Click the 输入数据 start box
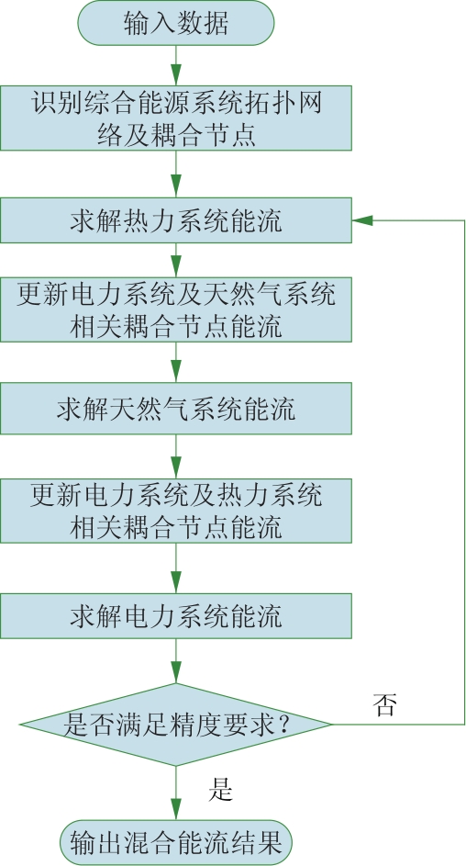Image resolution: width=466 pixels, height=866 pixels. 176,23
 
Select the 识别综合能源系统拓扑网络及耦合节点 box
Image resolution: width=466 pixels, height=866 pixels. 176,118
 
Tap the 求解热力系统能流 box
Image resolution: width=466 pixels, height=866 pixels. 176,220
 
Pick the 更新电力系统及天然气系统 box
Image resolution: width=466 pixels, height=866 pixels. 176,309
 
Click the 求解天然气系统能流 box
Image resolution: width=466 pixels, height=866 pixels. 176,408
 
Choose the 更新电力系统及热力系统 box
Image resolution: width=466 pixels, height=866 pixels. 176,511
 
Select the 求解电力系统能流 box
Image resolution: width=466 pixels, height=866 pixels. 176,616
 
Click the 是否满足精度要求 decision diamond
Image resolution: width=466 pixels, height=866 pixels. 176,724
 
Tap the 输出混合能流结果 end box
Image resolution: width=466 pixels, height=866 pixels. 176,843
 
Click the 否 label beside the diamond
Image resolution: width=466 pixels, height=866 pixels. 384,704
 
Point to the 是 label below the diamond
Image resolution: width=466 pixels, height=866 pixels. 220,790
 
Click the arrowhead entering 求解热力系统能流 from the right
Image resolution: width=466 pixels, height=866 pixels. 362,220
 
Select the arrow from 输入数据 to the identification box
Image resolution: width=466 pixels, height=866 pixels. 176,65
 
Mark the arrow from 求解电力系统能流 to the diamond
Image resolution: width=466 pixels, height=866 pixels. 176,661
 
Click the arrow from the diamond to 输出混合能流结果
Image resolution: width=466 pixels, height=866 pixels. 176,793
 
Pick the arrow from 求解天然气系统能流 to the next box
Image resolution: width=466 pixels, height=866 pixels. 176,456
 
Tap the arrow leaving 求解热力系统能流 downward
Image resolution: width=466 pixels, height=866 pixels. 176,260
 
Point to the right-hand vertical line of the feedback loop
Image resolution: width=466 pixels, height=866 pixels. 465,472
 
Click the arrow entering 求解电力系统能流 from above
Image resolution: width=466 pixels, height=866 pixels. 176,568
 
